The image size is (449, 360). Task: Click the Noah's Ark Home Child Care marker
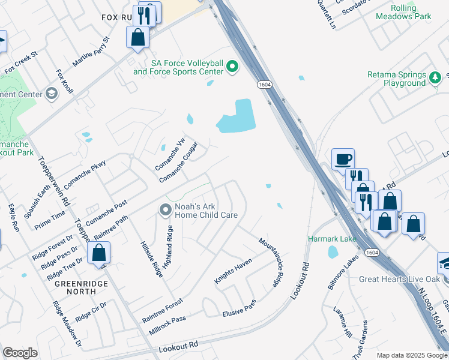coord(165,210)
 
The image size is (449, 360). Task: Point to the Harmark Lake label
coord(333,239)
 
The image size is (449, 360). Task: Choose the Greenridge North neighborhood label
coord(75,287)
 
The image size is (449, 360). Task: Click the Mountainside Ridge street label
coord(271,262)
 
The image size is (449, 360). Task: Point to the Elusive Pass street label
coord(239,308)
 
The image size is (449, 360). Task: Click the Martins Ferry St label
coord(91,52)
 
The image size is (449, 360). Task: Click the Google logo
coord(20,353)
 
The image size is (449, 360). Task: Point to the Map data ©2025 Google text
coord(412,355)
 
